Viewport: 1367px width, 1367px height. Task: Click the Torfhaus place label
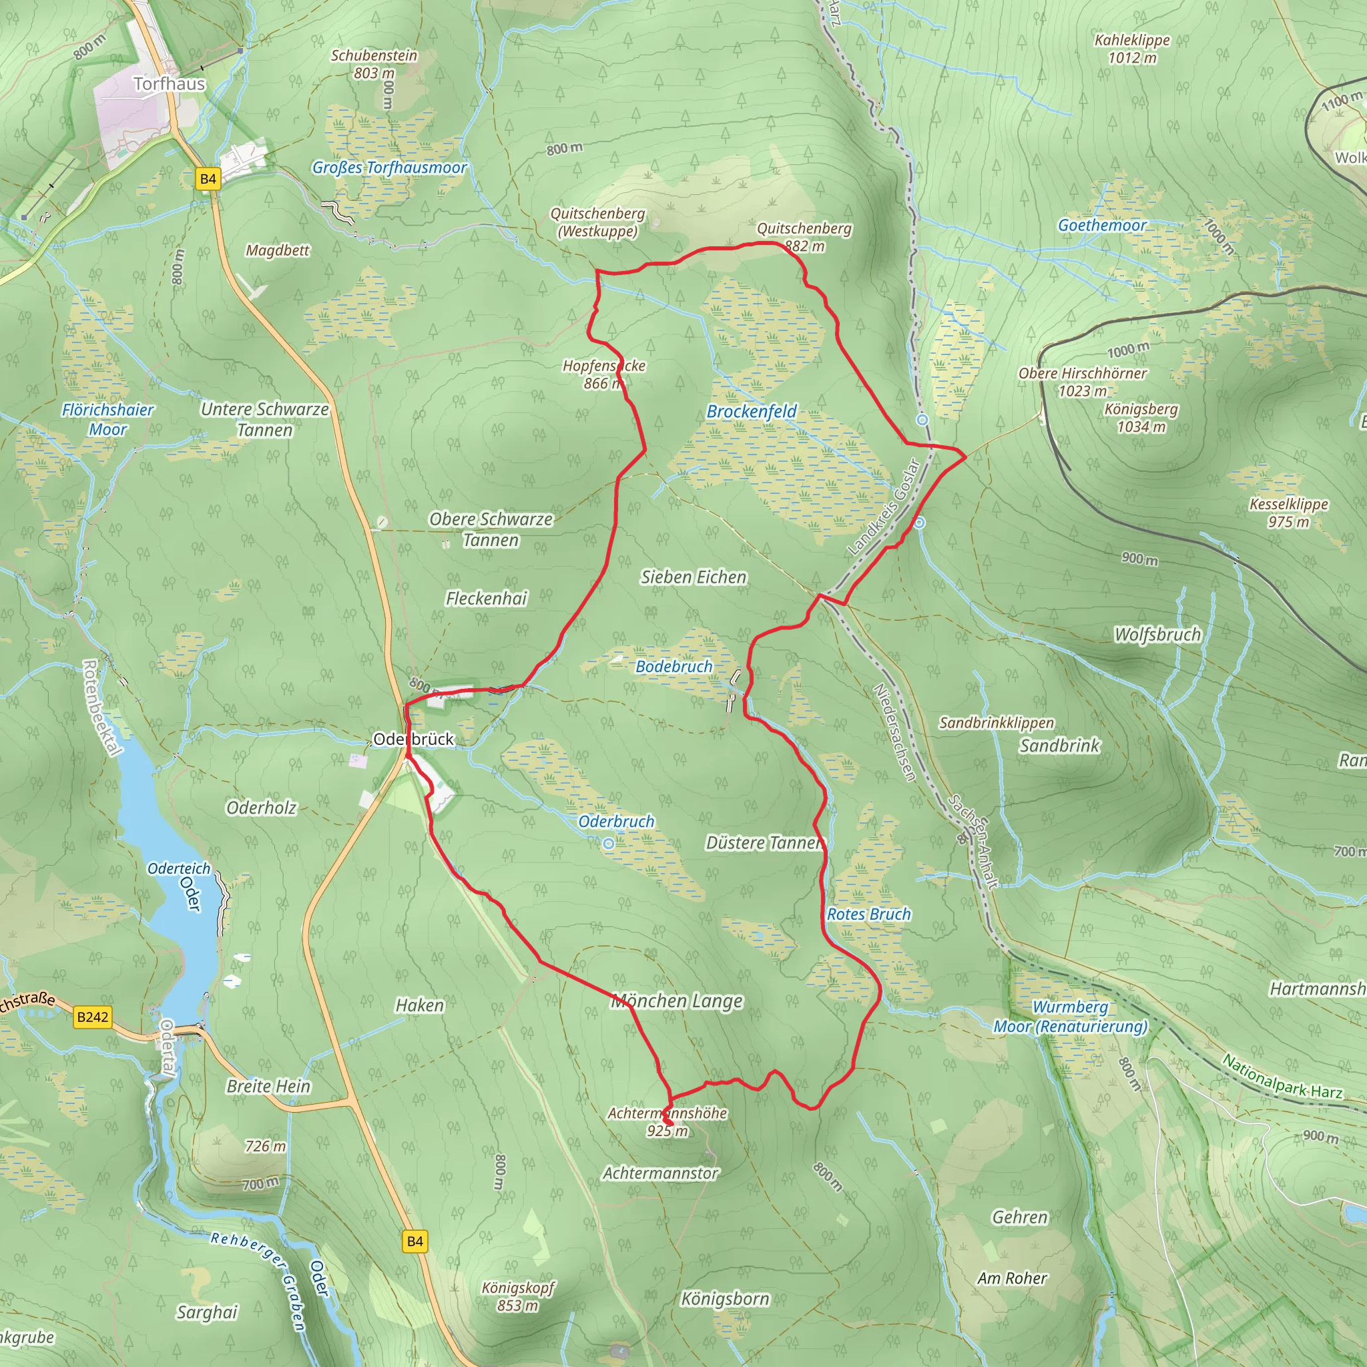pos(169,84)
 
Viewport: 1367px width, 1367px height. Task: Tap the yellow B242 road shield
pos(93,1017)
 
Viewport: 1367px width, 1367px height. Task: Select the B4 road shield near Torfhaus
pos(208,179)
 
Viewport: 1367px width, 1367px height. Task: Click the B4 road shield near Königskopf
pos(415,1241)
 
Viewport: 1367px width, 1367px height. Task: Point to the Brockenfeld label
pos(752,412)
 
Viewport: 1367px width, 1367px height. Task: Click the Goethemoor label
pos(1101,226)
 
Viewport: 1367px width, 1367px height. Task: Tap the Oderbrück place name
pos(413,740)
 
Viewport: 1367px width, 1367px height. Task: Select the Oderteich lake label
pos(179,868)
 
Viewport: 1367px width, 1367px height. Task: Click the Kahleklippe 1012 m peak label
pos(1132,49)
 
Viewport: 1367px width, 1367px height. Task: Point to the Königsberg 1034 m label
pos(1141,417)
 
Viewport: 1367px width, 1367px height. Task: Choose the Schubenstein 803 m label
pos(374,63)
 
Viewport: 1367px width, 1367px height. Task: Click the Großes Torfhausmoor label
pos(390,168)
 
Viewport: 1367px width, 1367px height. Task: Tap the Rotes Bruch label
pos(869,914)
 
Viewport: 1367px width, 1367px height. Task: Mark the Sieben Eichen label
pos(694,577)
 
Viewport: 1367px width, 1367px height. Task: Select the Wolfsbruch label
pos(1157,635)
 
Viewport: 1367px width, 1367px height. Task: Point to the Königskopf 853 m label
pos(518,1296)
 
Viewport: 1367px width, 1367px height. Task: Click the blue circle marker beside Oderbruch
pos(609,844)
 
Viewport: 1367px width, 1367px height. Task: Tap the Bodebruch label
pos(673,667)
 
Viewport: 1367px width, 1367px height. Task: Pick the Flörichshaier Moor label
pos(107,420)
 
